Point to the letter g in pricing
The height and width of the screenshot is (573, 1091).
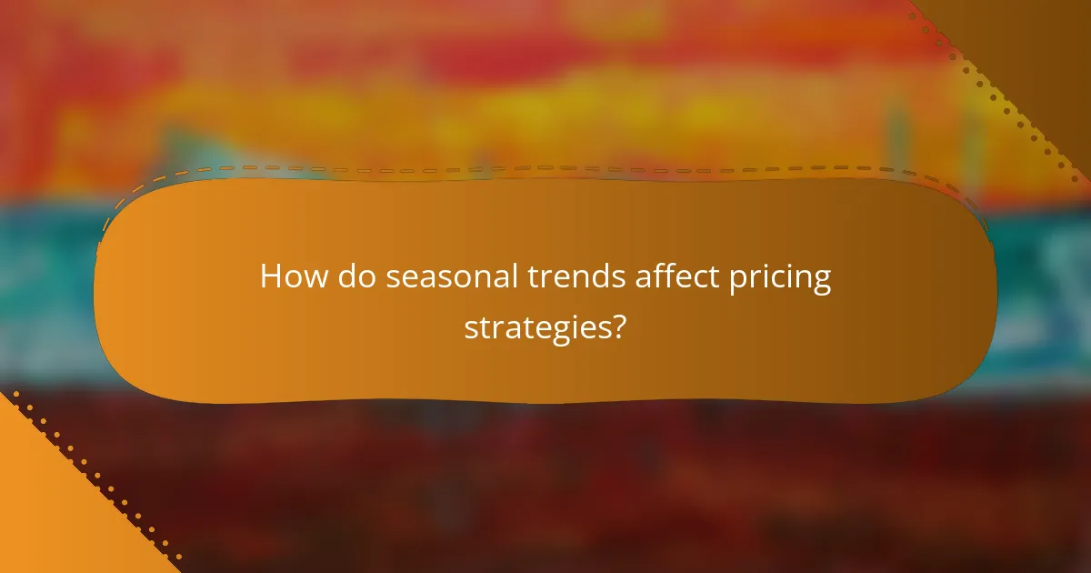[x=821, y=282]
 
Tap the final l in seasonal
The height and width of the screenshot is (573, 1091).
[x=516, y=276]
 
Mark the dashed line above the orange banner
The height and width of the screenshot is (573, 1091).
[x=545, y=168]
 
